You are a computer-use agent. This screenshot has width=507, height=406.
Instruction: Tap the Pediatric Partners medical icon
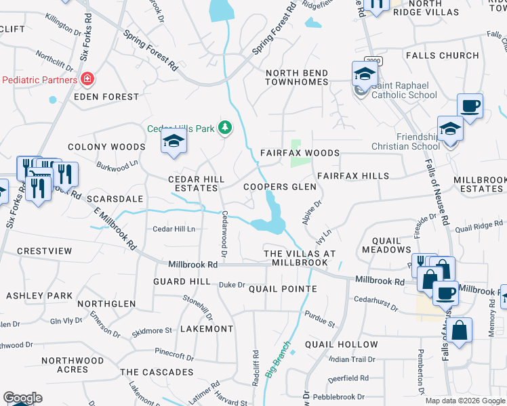pos(87,80)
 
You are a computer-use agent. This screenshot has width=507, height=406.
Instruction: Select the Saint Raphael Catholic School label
pos(404,90)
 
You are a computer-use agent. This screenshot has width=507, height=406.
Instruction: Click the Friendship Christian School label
pos(405,141)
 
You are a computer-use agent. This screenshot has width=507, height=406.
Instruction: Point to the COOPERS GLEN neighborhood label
pos(280,187)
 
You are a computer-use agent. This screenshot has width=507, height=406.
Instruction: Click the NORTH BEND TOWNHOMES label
pos(297,77)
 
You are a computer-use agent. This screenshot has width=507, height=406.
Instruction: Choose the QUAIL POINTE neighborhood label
pos(283,289)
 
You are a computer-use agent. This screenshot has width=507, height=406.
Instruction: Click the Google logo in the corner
pos(22,398)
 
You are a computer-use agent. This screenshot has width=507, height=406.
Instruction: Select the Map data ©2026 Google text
pos(465,401)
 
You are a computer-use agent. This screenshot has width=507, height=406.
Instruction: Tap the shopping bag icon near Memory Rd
pos(459,331)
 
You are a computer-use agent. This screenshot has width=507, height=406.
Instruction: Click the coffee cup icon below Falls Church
pos(470,106)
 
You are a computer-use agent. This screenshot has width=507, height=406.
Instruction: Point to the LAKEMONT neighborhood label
pos(207,328)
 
